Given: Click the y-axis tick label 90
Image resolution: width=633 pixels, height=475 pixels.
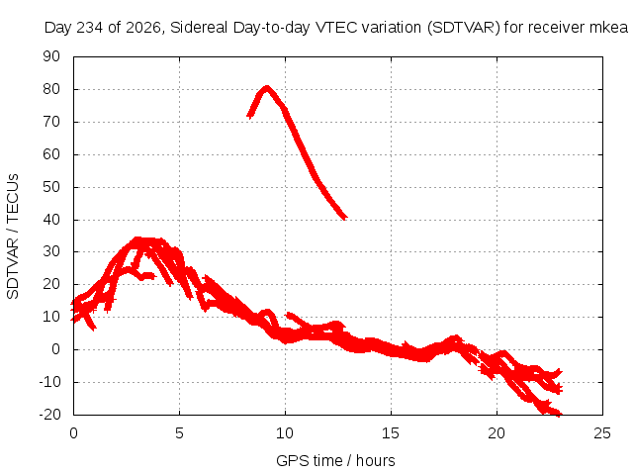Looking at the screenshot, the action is coord(51,56).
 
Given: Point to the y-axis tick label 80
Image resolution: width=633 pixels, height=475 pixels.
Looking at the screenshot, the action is coord(51,89).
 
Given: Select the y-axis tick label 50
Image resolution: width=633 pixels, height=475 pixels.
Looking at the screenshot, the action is coord(51,187).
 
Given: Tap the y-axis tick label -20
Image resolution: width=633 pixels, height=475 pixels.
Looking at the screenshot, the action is coord(49,415).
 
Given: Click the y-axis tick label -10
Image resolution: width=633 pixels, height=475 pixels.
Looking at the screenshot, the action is coord(49,382).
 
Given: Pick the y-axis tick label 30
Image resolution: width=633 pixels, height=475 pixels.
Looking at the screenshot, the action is coord(51,251).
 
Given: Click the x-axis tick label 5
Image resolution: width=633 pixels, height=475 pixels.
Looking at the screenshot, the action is coord(179,433).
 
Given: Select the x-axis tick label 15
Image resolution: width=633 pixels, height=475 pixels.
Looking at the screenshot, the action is coord(391,433).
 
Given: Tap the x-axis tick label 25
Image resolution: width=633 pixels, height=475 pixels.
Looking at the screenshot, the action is coord(602,433).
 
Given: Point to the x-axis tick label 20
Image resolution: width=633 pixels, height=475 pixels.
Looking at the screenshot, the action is coord(497,433).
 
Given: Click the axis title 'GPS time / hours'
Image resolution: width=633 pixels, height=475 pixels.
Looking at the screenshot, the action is coord(335,461).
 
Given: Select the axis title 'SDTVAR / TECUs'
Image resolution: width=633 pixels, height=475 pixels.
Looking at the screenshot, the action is coord(13,237).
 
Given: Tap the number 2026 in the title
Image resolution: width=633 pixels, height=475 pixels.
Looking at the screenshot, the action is coord(143,28).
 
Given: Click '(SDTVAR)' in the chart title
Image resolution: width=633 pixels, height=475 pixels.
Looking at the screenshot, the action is coord(464,28).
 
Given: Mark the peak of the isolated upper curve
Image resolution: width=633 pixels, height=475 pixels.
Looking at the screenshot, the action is coord(266,87).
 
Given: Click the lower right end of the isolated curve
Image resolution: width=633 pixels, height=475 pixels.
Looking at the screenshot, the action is coord(345,218).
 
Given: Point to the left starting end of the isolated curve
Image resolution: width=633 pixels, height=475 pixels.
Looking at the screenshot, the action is coord(248,117).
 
